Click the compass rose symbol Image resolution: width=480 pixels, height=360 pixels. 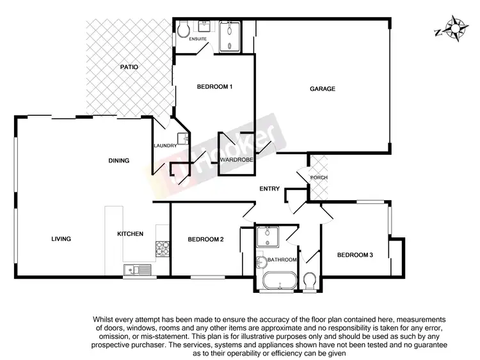(455, 29)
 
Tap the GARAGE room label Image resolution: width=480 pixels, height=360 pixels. (323, 89)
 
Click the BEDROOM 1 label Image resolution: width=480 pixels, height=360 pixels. (214, 87)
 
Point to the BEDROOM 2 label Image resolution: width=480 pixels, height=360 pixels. (205, 240)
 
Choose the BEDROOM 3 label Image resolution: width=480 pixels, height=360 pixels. (355, 255)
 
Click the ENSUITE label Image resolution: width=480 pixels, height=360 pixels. (198, 40)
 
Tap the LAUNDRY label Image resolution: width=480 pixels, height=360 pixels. (164, 146)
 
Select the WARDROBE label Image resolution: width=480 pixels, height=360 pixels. (237, 159)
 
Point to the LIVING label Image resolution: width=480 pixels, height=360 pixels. (61, 239)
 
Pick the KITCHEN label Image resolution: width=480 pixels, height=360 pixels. (130, 234)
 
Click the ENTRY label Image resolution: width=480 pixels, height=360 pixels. (269, 189)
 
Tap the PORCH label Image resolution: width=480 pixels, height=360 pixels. (319, 178)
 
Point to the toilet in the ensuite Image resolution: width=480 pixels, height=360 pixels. (184, 29)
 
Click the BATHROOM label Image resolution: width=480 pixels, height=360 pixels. (282, 260)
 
